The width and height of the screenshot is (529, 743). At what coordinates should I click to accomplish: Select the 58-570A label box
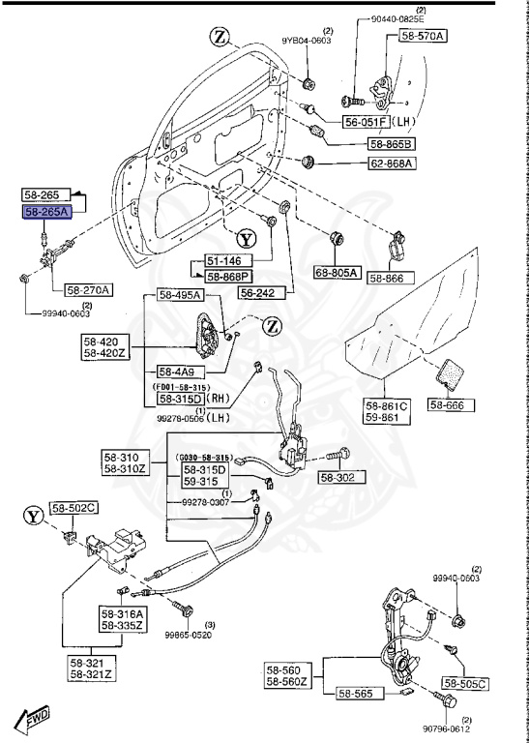419,36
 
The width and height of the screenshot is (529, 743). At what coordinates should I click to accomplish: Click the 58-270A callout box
89,289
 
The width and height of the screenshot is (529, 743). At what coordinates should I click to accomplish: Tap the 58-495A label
180,295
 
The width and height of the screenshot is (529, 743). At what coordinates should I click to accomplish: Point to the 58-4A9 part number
175,371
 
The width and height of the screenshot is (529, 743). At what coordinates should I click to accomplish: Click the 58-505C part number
465,683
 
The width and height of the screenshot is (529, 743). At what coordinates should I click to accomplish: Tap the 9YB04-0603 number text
307,41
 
